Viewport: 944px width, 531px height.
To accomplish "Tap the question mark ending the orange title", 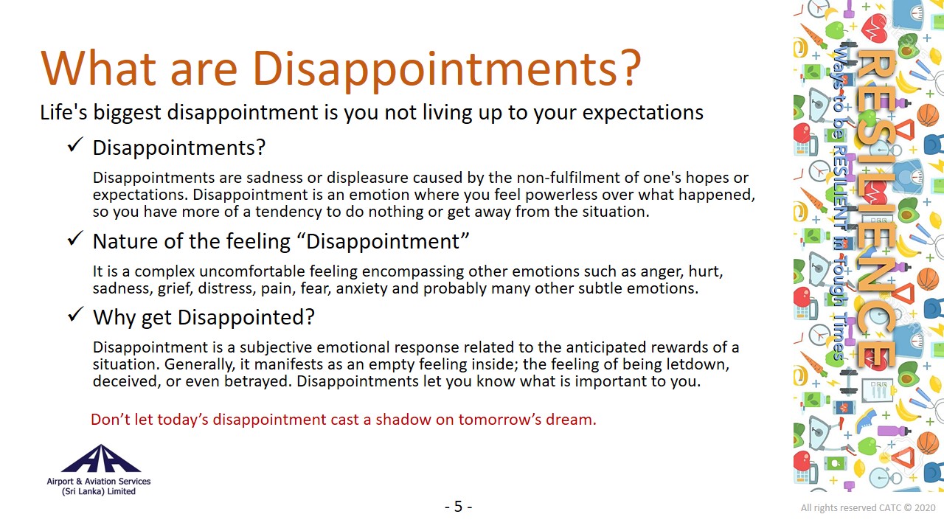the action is [x=630, y=67].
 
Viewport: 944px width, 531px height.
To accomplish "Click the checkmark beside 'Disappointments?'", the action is [x=75, y=145].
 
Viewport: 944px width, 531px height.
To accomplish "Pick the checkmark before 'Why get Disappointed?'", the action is [x=75, y=314].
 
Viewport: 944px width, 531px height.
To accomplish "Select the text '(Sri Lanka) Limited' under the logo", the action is [x=99, y=491].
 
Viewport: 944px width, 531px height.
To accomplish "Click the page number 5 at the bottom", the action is [x=459, y=506].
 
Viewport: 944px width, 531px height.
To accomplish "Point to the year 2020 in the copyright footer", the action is [x=925, y=508].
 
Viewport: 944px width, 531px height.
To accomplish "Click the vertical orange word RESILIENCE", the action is [x=877, y=209].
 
